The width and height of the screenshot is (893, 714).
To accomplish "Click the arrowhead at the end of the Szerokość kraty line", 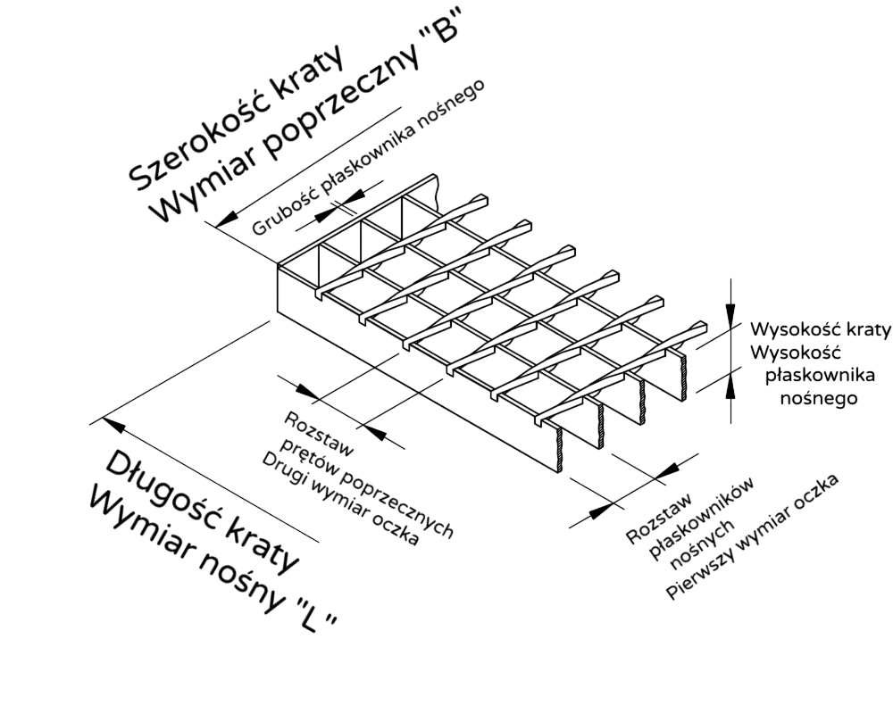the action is point(226,219).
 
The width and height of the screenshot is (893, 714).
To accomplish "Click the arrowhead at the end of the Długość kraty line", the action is point(114,423).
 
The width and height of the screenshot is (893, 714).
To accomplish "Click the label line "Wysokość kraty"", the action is point(820,329).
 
